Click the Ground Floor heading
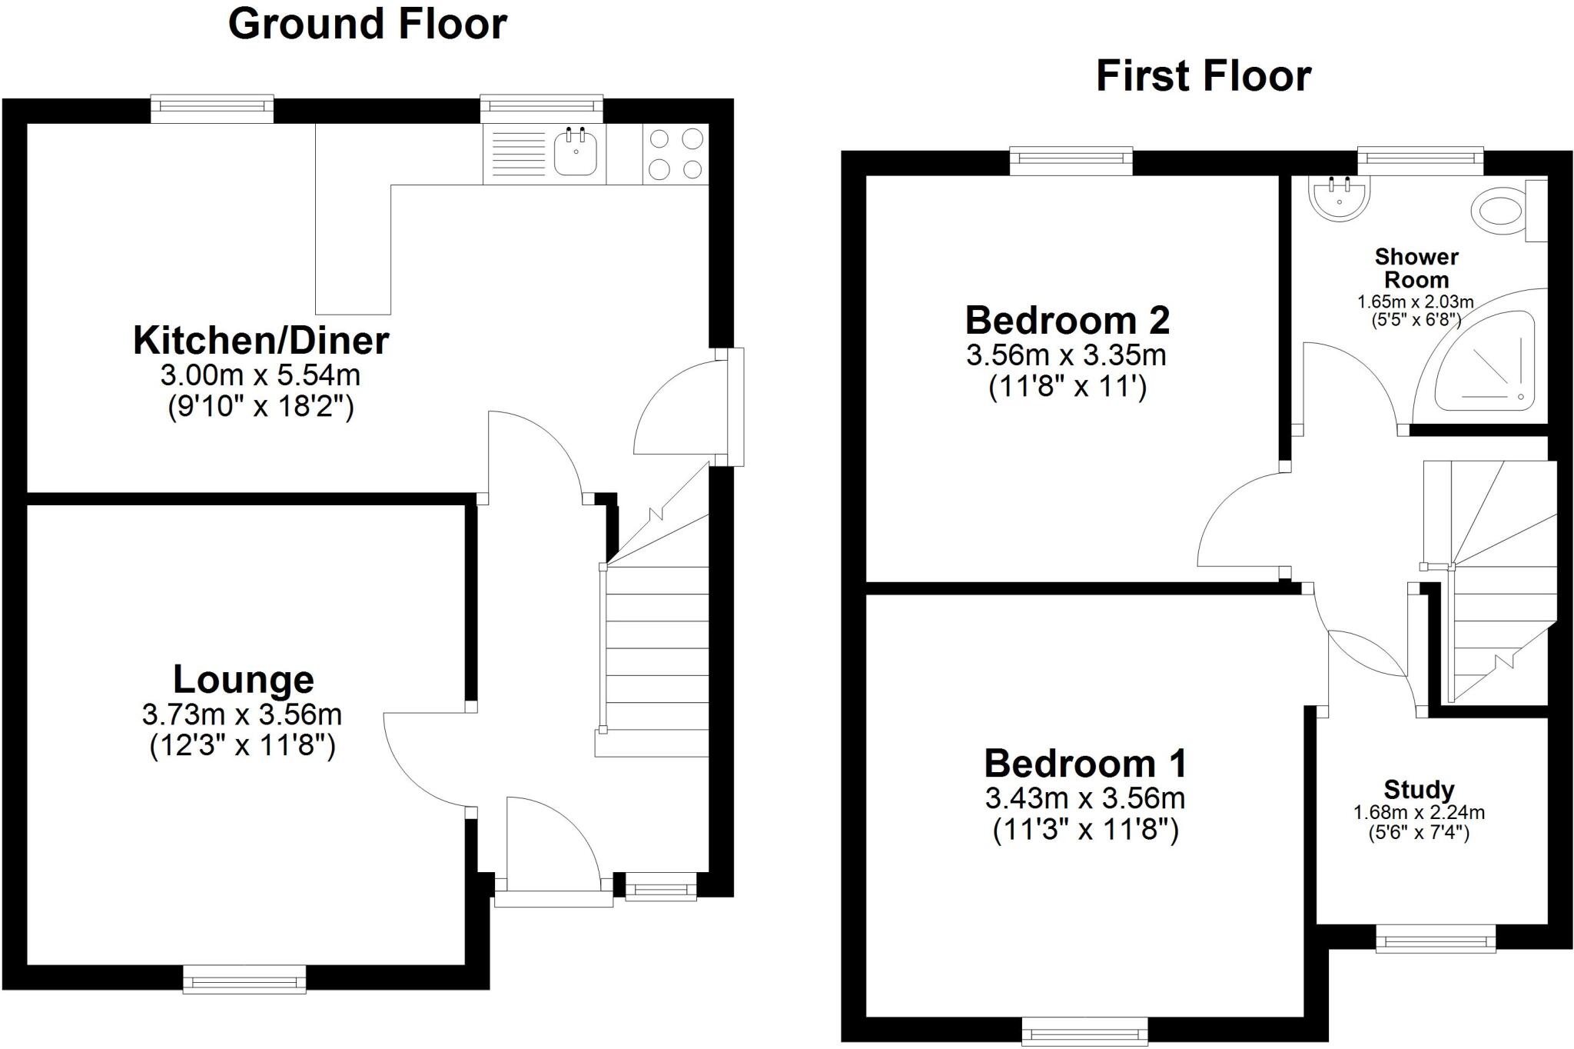(367, 24)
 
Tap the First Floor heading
(1203, 76)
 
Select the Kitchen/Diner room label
(261, 341)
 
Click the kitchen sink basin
(575, 152)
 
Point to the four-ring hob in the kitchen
(676, 153)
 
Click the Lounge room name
(244, 679)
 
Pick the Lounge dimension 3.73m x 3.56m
(242, 714)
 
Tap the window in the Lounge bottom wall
(244, 980)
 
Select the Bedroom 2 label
(1067, 320)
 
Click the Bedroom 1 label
(1084, 764)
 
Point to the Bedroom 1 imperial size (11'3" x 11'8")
(1085, 831)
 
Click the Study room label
(1419, 789)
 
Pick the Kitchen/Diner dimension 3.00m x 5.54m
(261, 375)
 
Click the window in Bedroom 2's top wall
(1071, 159)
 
